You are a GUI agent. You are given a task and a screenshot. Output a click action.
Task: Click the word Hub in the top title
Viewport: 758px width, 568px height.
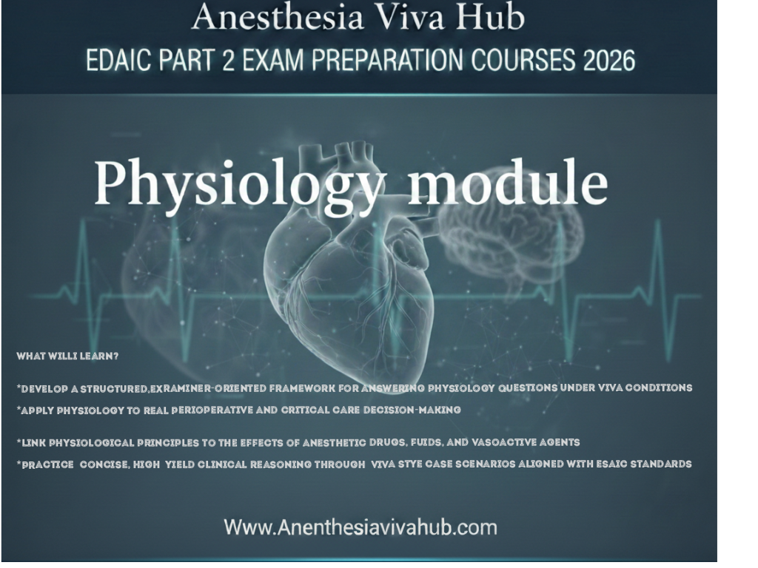(x=491, y=17)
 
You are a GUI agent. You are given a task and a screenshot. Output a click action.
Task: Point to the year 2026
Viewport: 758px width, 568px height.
(x=608, y=60)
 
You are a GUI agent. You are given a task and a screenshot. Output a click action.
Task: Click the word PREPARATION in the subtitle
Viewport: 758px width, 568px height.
(x=389, y=60)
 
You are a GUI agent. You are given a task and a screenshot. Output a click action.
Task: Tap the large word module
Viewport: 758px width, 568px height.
(x=508, y=183)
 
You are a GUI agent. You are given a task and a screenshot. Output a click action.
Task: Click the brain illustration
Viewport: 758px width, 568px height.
(x=511, y=237)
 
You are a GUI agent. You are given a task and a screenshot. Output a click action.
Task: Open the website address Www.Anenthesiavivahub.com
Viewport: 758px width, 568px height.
(x=360, y=527)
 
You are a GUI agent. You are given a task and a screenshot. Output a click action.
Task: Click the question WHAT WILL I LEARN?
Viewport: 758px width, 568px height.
(x=67, y=356)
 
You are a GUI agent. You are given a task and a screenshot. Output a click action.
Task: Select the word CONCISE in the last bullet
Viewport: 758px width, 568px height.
(x=103, y=464)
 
